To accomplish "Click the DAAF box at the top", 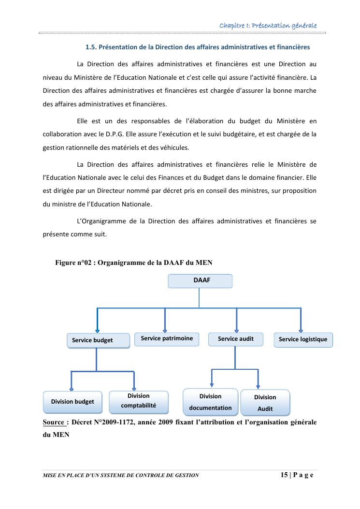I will (200, 281).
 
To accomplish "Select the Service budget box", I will (98, 340).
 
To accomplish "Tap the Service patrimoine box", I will (167, 338).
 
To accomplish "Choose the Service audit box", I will (235, 339).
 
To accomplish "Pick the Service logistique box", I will (303, 339).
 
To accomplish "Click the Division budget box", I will (72, 402).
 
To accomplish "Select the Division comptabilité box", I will (138, 401).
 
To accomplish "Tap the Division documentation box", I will (210, 402).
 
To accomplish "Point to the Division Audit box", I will (265, 403).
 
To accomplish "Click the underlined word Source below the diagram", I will (53, 422).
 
